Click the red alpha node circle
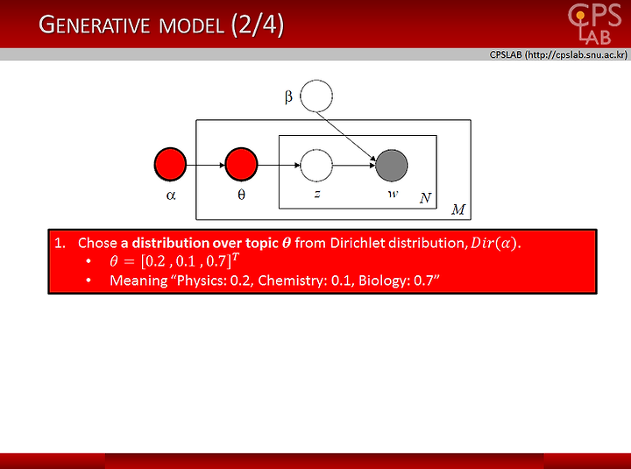click(x=170, y=164)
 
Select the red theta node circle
click(x=241, y=164)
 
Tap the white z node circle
click(x=316, y=165)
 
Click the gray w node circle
click(x=392, y=165)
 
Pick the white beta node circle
click(x=316, y=96)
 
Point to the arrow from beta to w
click(x=346, y=137)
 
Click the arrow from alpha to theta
click(x=206, y=165)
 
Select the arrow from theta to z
click(x=279, y=165)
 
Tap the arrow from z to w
click(x=354, y=165)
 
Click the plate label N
click(x=425, y=198)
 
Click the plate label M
click(x=458, y=210)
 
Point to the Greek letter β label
click(x=288, y=97)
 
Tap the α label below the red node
click(x=171, y=195)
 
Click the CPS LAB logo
click(x=594, y=24)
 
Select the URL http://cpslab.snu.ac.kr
click(x=576, y=54)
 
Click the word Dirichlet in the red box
click(x=357, y=243)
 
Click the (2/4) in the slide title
click(x=258, y=25)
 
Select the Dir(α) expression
click(x=493, y=243)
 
